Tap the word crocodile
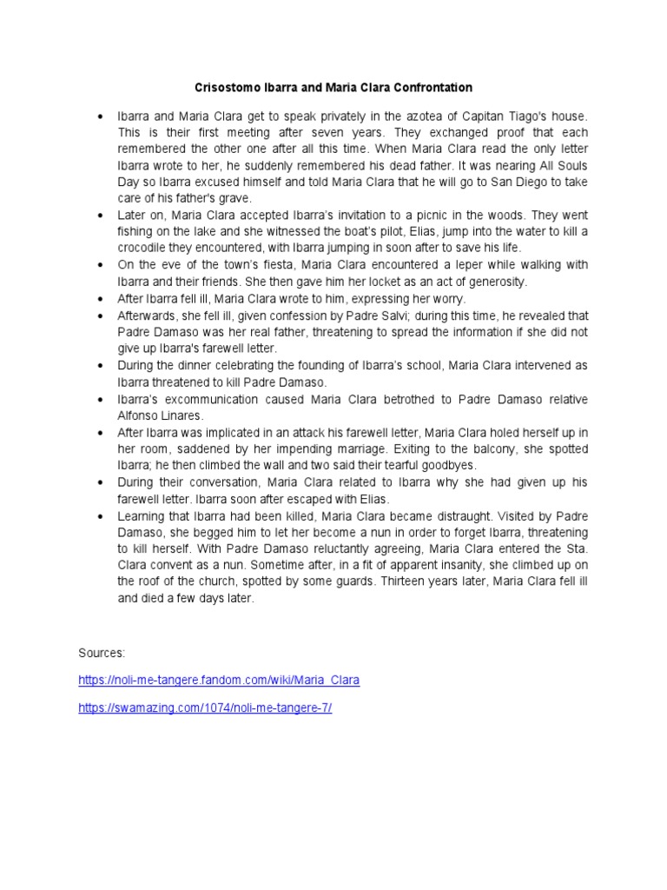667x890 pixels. (149, 248)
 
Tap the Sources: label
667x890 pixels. (102, 651)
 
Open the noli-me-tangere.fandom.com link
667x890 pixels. (219, 680)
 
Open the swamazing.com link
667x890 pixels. (205, 708)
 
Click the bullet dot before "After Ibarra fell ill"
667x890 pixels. (101, 298)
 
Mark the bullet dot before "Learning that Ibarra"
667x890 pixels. (101, 515)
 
